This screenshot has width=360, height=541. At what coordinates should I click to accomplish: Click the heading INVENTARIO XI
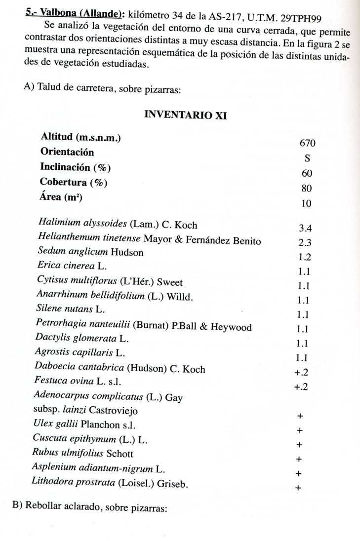click(x=185, y=115)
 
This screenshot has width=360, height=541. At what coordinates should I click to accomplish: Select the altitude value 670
click(x=307, y=143)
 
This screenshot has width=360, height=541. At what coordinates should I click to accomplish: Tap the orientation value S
click(x=307, y=158)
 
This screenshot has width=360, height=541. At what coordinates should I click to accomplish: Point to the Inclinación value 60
click(x=307, y=173)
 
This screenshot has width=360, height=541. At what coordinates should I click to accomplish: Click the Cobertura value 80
click(x=307, y=188)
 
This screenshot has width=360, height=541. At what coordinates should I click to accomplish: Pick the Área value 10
click(x=307, y=203)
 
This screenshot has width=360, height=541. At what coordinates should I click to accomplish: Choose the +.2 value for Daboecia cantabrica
click(x=301, y=373)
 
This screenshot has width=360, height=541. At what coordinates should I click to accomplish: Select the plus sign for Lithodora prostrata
click(x=298, y=488)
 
